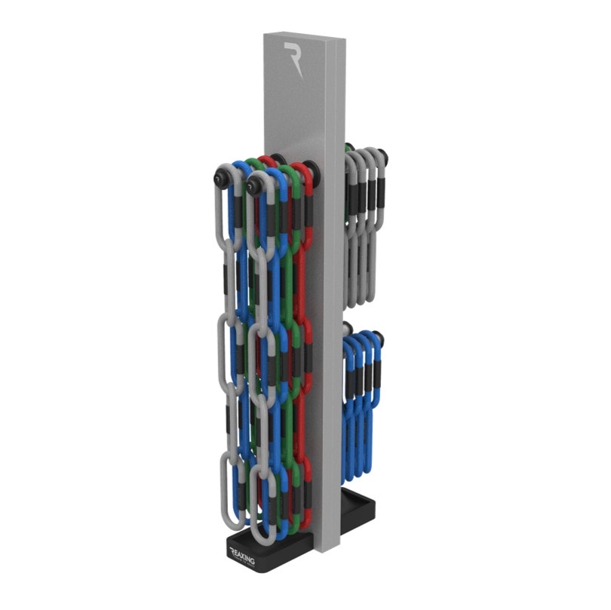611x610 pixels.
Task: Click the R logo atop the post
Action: (x=293, y=60)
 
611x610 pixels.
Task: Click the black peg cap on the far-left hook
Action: (x=222, y=177)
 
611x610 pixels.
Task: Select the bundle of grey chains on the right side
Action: (x=364, y=226)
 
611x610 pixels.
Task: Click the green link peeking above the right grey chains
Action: (x=348, y=149)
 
